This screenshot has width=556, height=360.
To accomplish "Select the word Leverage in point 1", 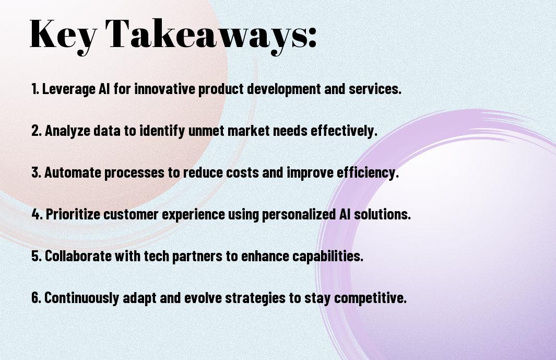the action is click(69, 89).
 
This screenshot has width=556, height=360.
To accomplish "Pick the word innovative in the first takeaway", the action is click(165, 88).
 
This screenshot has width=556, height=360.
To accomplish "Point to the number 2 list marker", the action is click(37, 130).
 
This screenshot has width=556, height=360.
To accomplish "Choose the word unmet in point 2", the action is click(206, 131).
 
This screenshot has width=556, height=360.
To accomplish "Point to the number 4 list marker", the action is click(37, 214).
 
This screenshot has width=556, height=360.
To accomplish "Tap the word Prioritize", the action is click(73, 214).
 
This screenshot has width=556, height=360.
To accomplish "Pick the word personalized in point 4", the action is click(299, 214).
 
